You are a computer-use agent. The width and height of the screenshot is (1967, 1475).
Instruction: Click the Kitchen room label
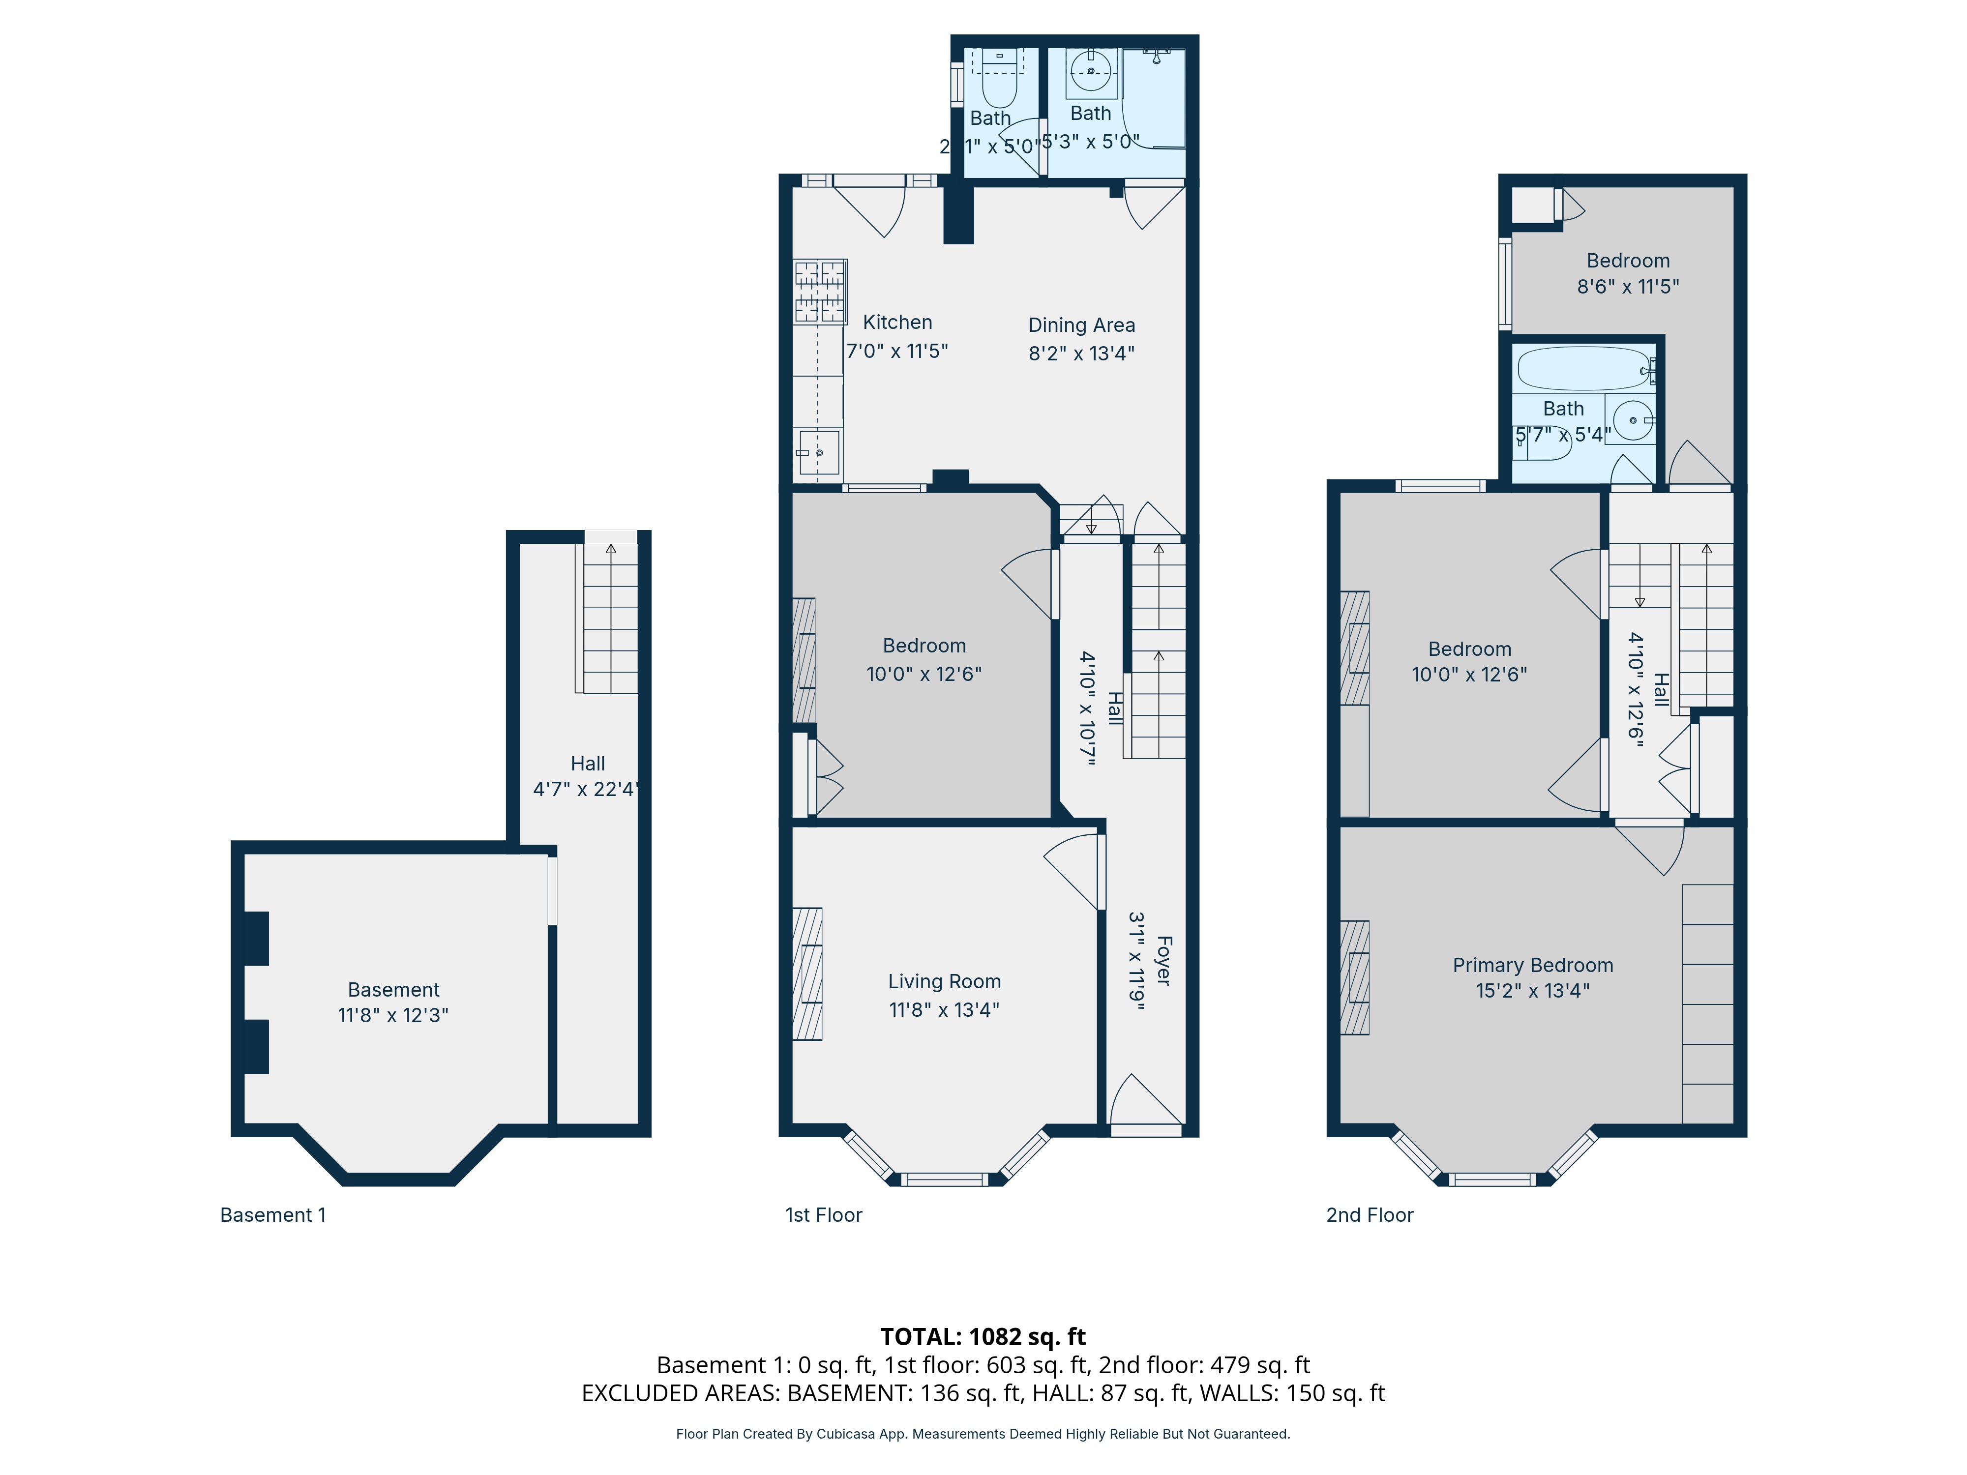coord(897,322)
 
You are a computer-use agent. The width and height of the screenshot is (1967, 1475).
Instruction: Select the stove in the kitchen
coord(819,291)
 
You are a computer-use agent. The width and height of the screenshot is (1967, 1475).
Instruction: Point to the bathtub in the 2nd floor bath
coord(1583,368)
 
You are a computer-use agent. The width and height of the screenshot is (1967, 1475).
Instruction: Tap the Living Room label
coord(944,981)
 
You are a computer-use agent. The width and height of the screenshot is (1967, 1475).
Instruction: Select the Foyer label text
coord(1163,960)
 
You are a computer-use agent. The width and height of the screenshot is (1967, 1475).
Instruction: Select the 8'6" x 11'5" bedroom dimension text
coord(1628,286)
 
